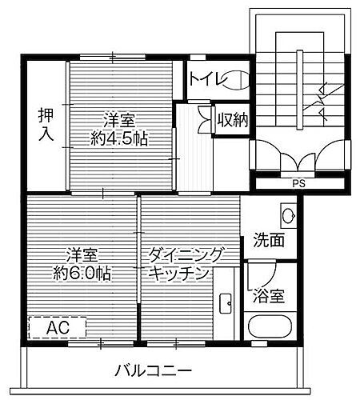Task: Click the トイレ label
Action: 206,78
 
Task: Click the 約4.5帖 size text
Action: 120,138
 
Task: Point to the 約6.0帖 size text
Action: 82,272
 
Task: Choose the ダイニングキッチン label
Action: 182,264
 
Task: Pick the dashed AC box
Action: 56,328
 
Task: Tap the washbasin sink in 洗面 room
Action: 288,213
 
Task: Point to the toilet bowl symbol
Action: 238,78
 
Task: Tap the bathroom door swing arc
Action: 258,276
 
